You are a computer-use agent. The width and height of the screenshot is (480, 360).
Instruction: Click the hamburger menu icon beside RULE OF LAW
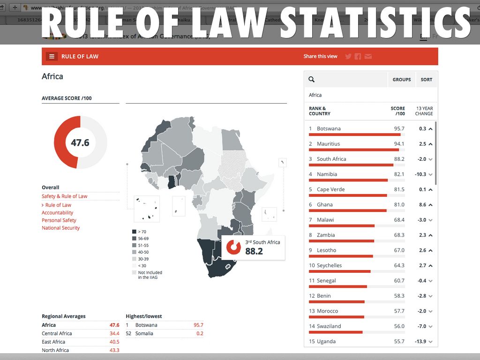[x=52, y=56]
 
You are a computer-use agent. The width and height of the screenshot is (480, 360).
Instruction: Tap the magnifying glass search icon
[x=312, y=80]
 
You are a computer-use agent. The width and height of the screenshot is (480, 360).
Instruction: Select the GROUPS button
[x=402, y=80]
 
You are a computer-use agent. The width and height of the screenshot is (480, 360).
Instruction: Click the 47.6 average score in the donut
[x=80, y=142]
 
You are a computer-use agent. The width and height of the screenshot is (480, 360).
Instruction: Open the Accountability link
[x=57, y=213]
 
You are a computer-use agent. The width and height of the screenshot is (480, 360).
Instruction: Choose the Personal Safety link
[x=59, y=220]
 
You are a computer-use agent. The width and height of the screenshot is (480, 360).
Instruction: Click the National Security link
[x=60, y=228]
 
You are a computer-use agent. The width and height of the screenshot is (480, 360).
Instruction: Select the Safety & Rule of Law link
[x=64, y=196]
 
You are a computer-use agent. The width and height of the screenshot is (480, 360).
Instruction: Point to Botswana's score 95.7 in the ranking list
[x=399, y=128]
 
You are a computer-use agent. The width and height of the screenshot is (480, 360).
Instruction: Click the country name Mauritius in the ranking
[x=328, y=144]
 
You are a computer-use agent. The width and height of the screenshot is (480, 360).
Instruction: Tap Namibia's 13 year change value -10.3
[x=421, y=174]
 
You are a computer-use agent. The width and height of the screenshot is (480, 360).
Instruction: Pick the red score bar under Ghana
[x=347, y=210]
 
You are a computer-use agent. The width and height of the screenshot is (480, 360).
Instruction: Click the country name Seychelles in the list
[x=329, y=265]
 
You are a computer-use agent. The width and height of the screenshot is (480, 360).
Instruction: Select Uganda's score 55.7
[x=399, y=341]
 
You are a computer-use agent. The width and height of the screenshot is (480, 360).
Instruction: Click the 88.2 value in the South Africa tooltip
[x=254, y=251]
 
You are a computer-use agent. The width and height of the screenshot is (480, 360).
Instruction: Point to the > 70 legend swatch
[x=134, y=232]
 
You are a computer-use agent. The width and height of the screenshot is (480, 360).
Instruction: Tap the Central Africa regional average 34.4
[x=114, y=333]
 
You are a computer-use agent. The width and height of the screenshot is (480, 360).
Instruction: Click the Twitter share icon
[x=348, y=56]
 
